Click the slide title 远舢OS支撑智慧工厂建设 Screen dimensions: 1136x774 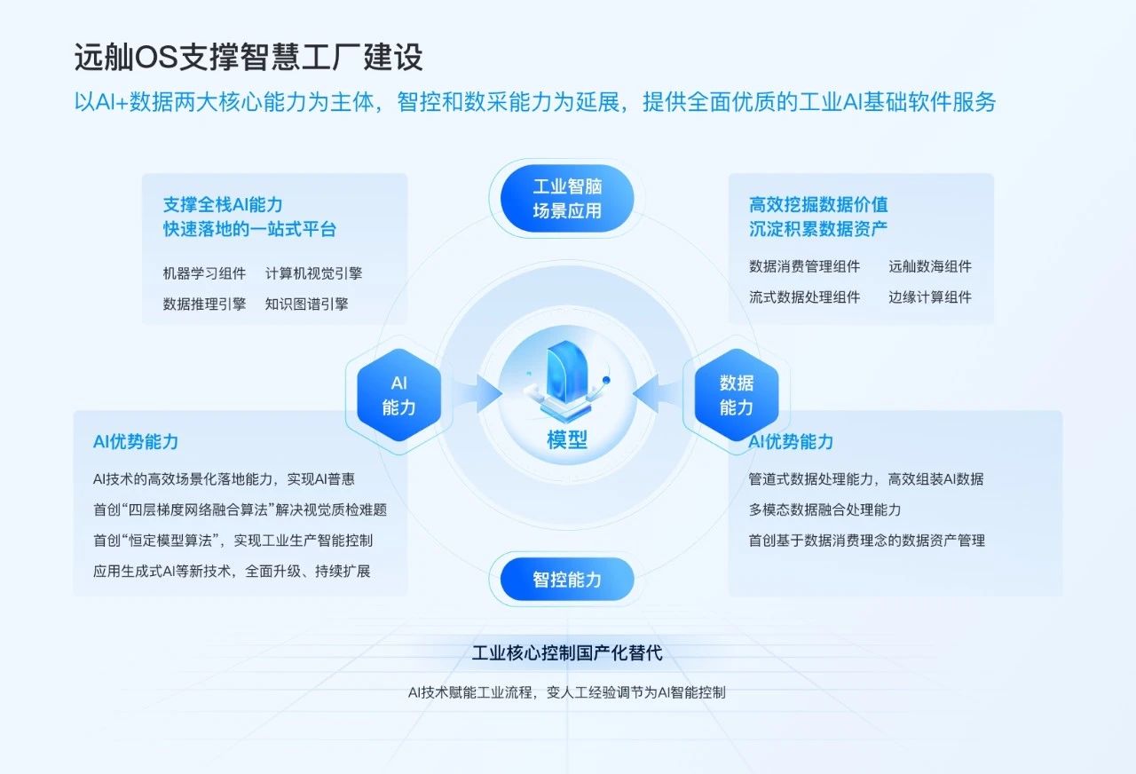point(248,56)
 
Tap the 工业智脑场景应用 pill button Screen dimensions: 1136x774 point(567,198)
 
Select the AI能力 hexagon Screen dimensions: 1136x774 point(399,395)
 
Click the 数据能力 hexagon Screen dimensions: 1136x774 point(737,395)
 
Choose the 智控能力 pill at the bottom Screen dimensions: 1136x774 point(567,580)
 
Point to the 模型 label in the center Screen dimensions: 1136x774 point(567,439)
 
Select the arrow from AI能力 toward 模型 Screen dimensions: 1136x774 point(477,393)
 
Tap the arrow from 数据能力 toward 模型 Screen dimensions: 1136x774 point(658,393)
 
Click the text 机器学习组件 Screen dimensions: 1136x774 point(204,273)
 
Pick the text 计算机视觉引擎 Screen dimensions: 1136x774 point(313,273)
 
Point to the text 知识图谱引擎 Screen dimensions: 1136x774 point(306,304)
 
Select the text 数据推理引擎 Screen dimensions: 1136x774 point(204,304)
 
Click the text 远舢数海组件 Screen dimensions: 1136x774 point(930,266)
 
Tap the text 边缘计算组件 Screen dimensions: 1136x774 point(930,296)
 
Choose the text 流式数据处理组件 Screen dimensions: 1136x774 point(804,296)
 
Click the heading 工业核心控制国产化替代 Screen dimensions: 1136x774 point(567,652)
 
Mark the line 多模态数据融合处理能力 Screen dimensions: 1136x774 point(824,509)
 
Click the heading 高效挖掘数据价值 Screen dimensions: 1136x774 point(818,204)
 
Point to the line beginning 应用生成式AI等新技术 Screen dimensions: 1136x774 point(232,571)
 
